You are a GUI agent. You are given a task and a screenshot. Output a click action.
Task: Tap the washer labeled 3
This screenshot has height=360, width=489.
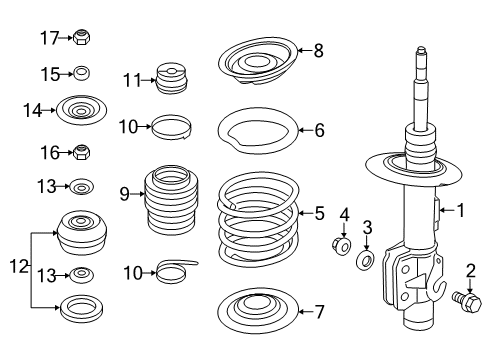367,262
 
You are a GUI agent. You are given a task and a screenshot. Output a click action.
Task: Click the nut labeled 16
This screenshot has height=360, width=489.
84,153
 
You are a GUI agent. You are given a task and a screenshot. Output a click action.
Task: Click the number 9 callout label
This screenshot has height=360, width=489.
124,194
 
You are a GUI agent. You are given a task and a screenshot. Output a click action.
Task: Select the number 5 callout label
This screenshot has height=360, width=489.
319,212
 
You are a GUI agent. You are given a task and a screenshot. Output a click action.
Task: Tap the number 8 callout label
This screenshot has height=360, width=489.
318,50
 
